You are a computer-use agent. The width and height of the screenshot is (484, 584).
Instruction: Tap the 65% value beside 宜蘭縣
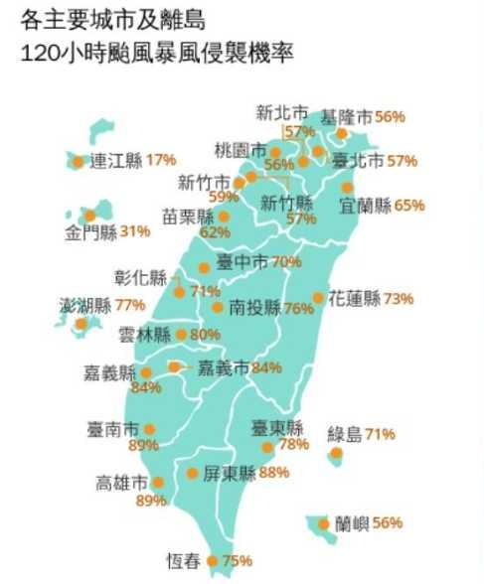(x=409, y=207)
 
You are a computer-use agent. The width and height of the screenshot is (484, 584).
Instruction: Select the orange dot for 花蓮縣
(x=319, y=298)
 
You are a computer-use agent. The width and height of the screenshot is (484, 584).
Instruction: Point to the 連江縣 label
(x=116, y=160)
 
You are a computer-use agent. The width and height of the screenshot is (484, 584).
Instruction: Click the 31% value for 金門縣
(x=135, y=231)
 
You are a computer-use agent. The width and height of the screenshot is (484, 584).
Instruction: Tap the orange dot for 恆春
(x=211, y=561)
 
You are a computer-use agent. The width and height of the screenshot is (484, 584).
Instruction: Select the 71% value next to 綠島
(x=381, y=434)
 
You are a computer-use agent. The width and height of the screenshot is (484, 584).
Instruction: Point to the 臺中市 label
(x=242, y=262)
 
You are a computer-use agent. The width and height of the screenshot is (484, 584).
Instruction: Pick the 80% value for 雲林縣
(x=205, y=335)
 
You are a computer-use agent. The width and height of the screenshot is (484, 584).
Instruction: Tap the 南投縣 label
(x=255, y=308)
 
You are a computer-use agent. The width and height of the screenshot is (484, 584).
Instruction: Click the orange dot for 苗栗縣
(x=224, y=216)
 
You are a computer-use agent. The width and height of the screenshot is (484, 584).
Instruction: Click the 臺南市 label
(x=112, y=430)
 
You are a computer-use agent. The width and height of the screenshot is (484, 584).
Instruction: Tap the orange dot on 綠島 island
(x=337, y=453)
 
